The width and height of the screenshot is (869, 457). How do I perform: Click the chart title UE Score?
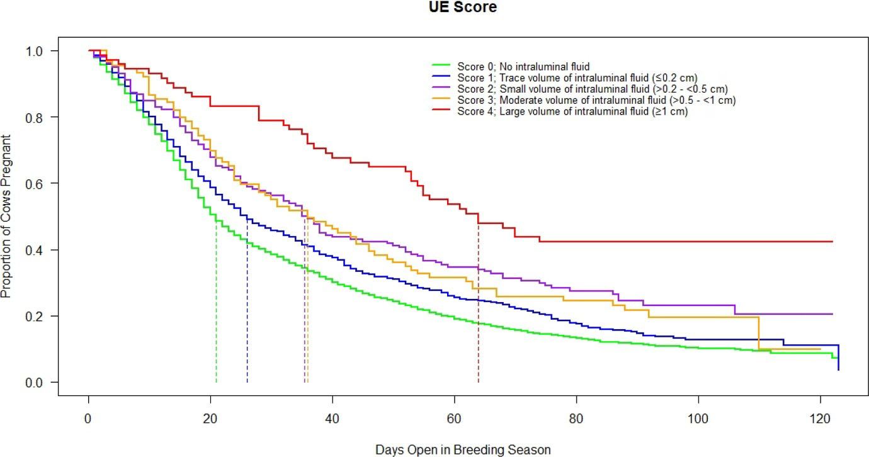pyautogui.click(x=463, y=8)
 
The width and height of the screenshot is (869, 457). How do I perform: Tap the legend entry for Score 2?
pyautogui.click(x=593, y=89)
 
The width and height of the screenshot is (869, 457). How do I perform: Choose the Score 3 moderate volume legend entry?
pyautogui.click(x=596, y=100)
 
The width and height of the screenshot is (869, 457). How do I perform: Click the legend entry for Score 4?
pyautogui.click(x=572, y=111)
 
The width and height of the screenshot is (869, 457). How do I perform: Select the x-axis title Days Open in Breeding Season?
pyautogui.click(x=463, y=449)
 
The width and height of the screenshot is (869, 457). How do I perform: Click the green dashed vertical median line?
pyautogui.click(x=216, y=302)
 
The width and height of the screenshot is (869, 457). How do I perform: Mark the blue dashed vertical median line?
pyautogui.click(x=247, y=302)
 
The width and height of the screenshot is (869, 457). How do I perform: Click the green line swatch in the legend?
pyautogui.click(x=441, y=65)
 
